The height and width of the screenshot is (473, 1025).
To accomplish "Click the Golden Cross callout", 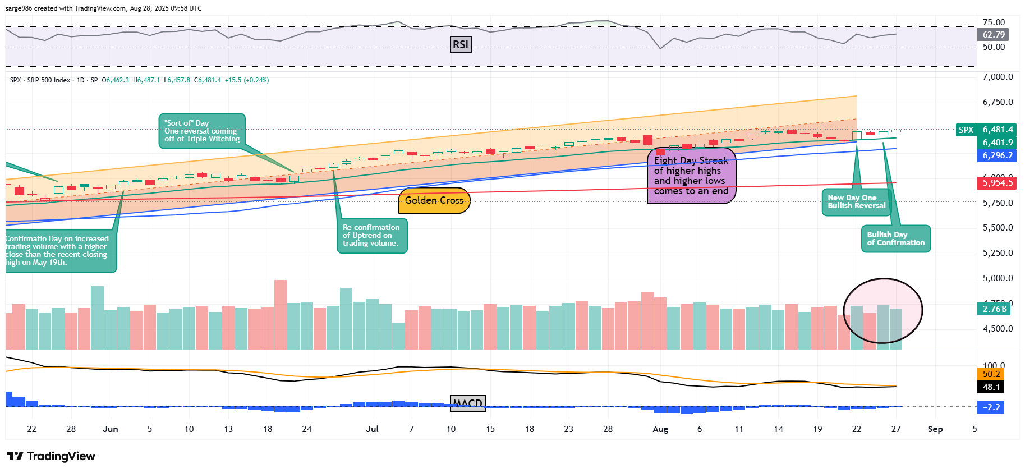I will tap(434, 201).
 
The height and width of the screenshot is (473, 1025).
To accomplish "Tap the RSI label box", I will tap(461, 44).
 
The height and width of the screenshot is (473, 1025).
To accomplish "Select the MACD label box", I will tap(468, 403).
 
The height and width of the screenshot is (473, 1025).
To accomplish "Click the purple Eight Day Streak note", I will tap(691, 176).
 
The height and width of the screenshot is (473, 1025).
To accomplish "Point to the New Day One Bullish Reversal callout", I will tap(856, 202).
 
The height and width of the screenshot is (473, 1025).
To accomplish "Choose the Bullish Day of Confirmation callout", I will tap(895, 239).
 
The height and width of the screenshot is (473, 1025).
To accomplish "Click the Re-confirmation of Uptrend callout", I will tap(371, 236).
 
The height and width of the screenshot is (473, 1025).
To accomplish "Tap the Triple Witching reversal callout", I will tap(202, 131).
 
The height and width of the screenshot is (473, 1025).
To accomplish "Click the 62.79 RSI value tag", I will tap(994, 35).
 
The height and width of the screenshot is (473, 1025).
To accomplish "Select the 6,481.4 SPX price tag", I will tap(997, 130).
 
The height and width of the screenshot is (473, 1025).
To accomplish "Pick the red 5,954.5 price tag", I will tap(997, 183).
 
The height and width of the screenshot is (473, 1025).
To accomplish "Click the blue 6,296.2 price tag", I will tap(997, 155).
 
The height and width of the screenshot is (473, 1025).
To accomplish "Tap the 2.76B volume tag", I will tap(994, 309).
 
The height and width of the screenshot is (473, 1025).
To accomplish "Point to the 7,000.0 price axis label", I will tap(998, 77).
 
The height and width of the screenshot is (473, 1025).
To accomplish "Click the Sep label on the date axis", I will tap(935, 429).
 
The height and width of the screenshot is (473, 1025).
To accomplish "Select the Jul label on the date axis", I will tap(372, 429).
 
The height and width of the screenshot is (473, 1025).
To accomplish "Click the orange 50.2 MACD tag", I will tap(991, 374).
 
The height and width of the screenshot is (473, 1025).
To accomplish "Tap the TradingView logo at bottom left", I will tap(51, 456).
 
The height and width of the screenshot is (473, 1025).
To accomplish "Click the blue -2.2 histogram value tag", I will tap(991, 407).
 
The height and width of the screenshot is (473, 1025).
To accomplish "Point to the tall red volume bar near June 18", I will tap(280, 314).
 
